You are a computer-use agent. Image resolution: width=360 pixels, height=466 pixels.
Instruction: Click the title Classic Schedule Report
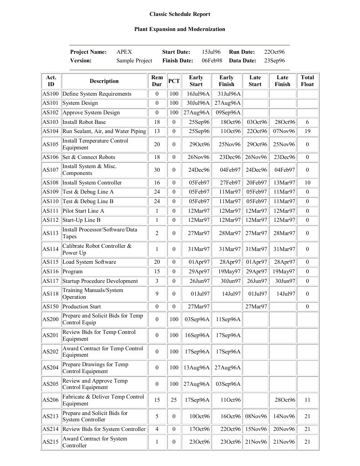coord(180,15)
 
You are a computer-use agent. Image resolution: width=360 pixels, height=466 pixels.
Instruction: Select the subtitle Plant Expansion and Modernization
coord(180,29)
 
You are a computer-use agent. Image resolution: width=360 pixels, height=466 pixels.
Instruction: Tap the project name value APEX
coord(124,52)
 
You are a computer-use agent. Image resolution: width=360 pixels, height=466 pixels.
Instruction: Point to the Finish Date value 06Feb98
coord(212,60)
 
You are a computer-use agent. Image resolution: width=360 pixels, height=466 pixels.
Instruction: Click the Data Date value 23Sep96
coord(275,60)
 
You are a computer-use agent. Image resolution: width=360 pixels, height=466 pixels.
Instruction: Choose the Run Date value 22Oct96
coord(274,52)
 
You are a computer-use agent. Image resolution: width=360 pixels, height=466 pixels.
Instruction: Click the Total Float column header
coord(307,81)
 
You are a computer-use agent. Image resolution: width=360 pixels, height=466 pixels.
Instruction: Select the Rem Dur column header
coord(157,81)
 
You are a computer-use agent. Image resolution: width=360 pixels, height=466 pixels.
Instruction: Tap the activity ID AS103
coord(51,122)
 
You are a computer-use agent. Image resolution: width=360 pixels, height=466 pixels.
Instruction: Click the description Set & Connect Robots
coord(86,157)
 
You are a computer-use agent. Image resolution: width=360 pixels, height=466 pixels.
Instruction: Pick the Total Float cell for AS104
coord(307,131)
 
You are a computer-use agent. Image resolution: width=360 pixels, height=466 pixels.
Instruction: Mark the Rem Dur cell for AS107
coord(157,170)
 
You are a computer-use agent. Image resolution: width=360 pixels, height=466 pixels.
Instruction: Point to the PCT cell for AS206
coord(174,400)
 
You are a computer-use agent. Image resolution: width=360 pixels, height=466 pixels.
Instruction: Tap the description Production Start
coord(81,307)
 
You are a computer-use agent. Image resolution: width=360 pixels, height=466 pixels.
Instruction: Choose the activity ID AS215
coord(51,442)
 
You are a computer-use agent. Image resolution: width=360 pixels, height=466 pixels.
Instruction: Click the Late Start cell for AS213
coord(256,416)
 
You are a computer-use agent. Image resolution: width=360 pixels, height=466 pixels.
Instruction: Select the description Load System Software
coord(89,262)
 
